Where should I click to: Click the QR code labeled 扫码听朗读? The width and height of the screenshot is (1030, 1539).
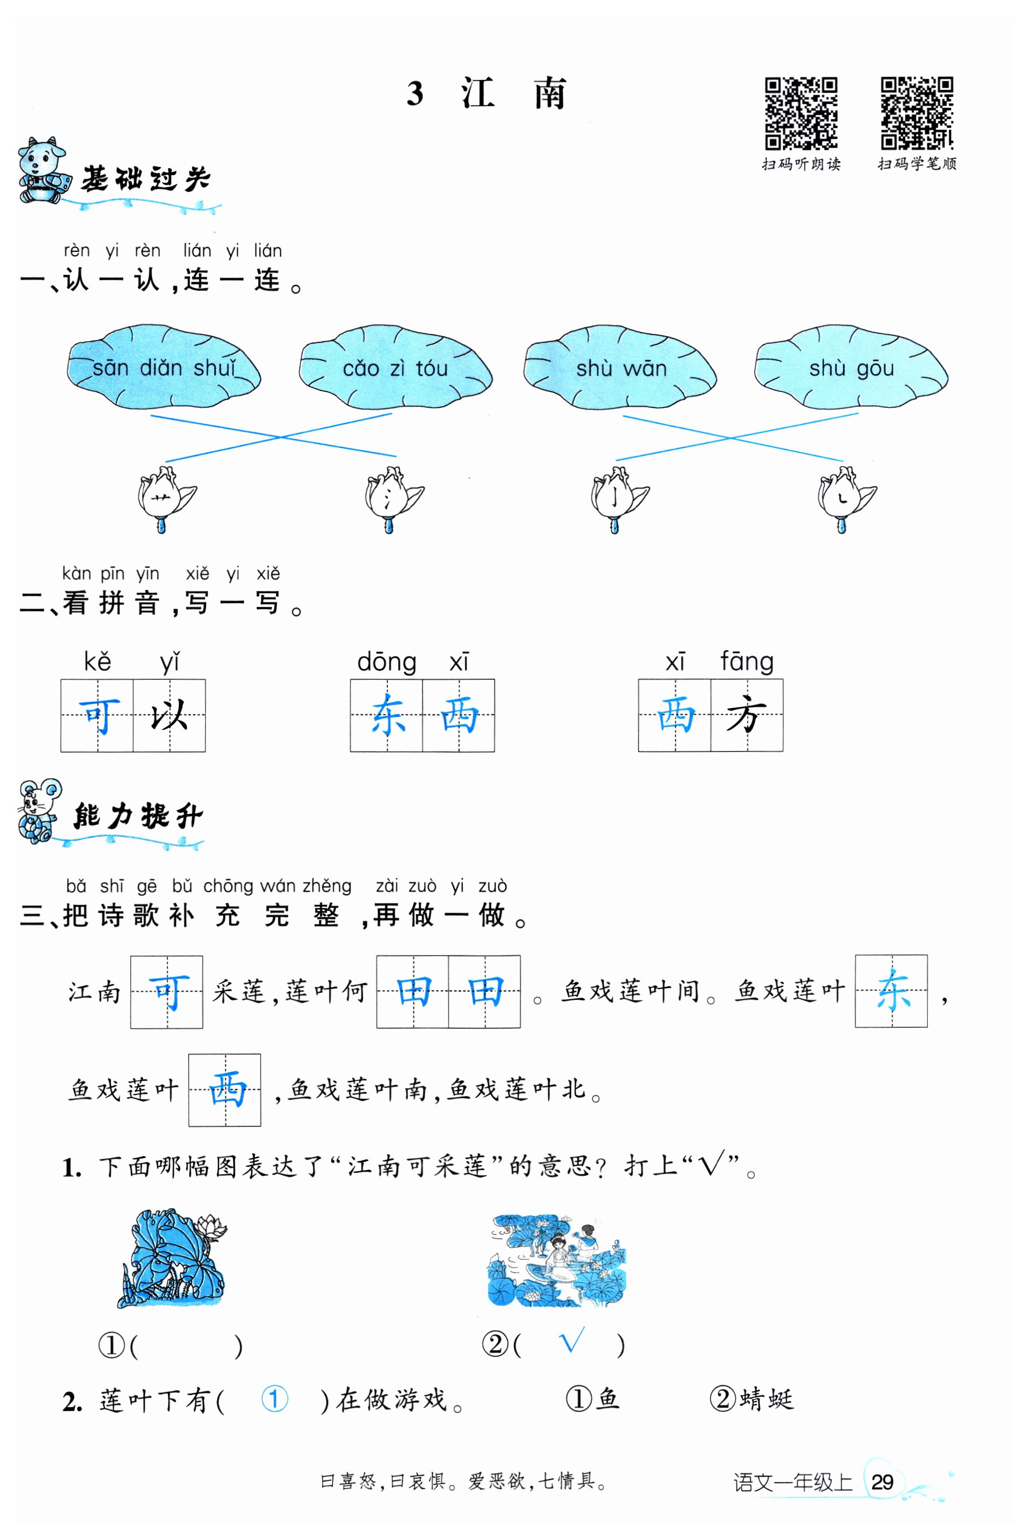point(801,113)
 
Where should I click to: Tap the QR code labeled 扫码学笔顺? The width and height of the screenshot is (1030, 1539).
point(916,113)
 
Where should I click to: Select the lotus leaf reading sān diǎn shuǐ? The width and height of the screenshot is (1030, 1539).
point(164,367)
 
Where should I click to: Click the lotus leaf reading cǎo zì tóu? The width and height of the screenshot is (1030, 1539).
point(395,367)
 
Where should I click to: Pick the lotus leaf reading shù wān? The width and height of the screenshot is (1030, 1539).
point(620,367)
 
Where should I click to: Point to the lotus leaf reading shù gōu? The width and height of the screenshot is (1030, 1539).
point(851,367)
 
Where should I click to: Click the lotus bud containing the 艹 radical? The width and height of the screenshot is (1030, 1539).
point(162,498)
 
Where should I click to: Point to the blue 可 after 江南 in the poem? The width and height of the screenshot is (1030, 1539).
point(167,992)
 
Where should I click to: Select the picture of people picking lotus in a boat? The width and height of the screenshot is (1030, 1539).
point(557,1260)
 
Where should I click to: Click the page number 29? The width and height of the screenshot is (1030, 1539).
point(882,1482)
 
